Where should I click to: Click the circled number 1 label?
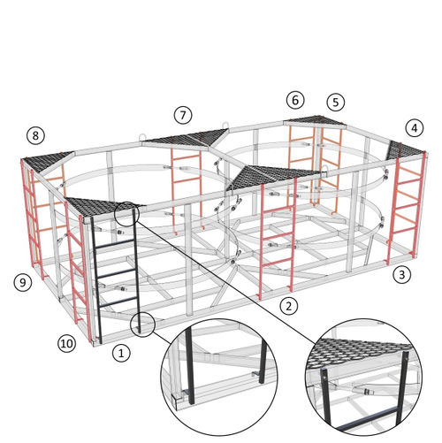pyautogui.click(x=121, y=353)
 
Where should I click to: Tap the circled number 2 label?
pyautogui.click(x=289, y=306)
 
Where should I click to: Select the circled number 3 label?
pyautogui.click(x=402, y=274)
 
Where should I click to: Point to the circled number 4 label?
pyautogui.click(x=415, y=128)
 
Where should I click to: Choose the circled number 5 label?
pyautogui.click(x=336, y=103)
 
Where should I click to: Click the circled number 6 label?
pyautogui.click(x=295, y=100)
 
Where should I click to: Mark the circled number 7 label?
pyautogui.click(x=183, y=115)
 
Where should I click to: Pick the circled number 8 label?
pyautogui.click(x=35, y=135)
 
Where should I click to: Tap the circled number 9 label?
pyautogui.click(x=23, y=283)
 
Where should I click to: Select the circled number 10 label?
pyautogui.click(x=67, y=343)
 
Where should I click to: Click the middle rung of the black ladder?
pyautogui.click(x=117, y=273)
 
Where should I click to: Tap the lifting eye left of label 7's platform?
pyautogui.click(x=142, y=138)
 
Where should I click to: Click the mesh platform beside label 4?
pyautogui.click(x=404, y=151)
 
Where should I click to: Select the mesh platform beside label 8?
pyautogui.click(x=46, y=161)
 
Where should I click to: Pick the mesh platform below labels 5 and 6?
pyautogui.click(x=316, y=121)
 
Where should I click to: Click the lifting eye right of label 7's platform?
pyautogui.click(x=225, y=126)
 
